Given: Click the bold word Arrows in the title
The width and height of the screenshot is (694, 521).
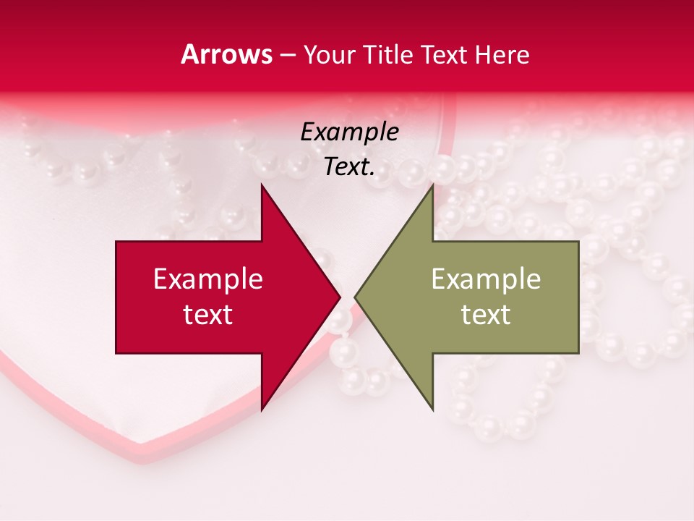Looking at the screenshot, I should [x=227, y=54].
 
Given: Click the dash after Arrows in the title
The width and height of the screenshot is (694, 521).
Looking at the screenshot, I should [x=288, y=56].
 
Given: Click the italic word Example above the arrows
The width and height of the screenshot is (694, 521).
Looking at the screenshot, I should [x=350, y=133].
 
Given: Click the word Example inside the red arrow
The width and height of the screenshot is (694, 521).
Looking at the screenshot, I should [x=208, y=279].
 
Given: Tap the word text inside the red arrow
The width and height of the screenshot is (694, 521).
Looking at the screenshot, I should [x=208, y=314].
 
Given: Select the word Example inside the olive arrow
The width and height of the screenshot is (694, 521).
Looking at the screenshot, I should [x=486, y=279].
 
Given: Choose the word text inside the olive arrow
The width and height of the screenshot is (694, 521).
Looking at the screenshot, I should [x=486, y=314].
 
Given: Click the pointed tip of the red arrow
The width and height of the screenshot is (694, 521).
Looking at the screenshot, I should [x=340, y=297].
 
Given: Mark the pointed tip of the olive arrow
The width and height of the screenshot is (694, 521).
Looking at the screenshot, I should [x=355, y=297].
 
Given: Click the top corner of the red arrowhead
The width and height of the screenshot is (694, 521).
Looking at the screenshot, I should [x=262, y=185].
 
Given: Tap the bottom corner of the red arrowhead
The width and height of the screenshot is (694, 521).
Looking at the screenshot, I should [x=262, y=410].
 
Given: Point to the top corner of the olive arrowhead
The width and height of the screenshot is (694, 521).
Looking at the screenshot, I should [x=433, y=185].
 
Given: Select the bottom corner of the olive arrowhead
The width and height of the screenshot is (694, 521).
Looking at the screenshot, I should [x=433, y=410].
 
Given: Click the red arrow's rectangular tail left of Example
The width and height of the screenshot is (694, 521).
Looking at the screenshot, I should [x=134, y=297].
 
